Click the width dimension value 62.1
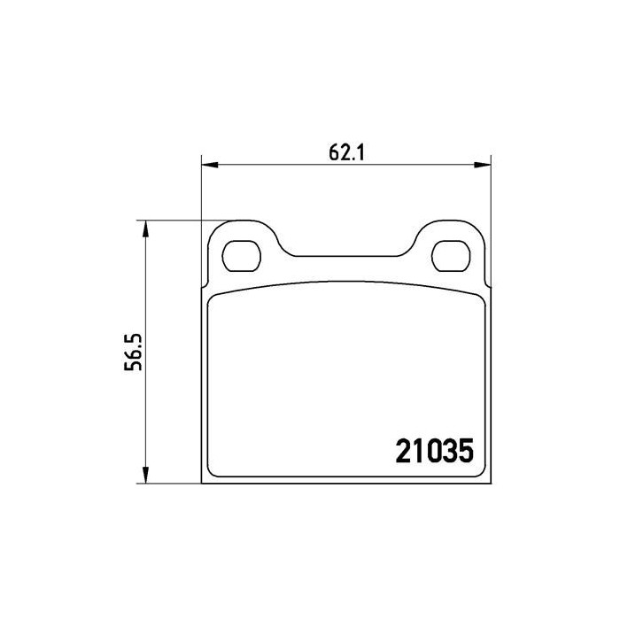346,152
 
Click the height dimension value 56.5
133,352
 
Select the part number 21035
434,451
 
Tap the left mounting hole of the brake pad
242,256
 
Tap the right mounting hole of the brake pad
451,256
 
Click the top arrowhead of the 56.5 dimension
145,229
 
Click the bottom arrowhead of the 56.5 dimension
145,475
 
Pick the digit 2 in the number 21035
403,451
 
